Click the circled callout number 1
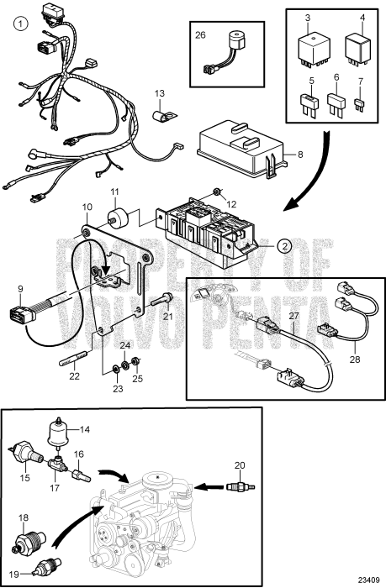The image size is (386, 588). pyautogui.click(x=20, y=24)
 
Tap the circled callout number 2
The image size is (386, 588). pyautogui.click(x=284, y=245)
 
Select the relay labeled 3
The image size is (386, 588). pyautogui.click(x=314, y=50)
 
